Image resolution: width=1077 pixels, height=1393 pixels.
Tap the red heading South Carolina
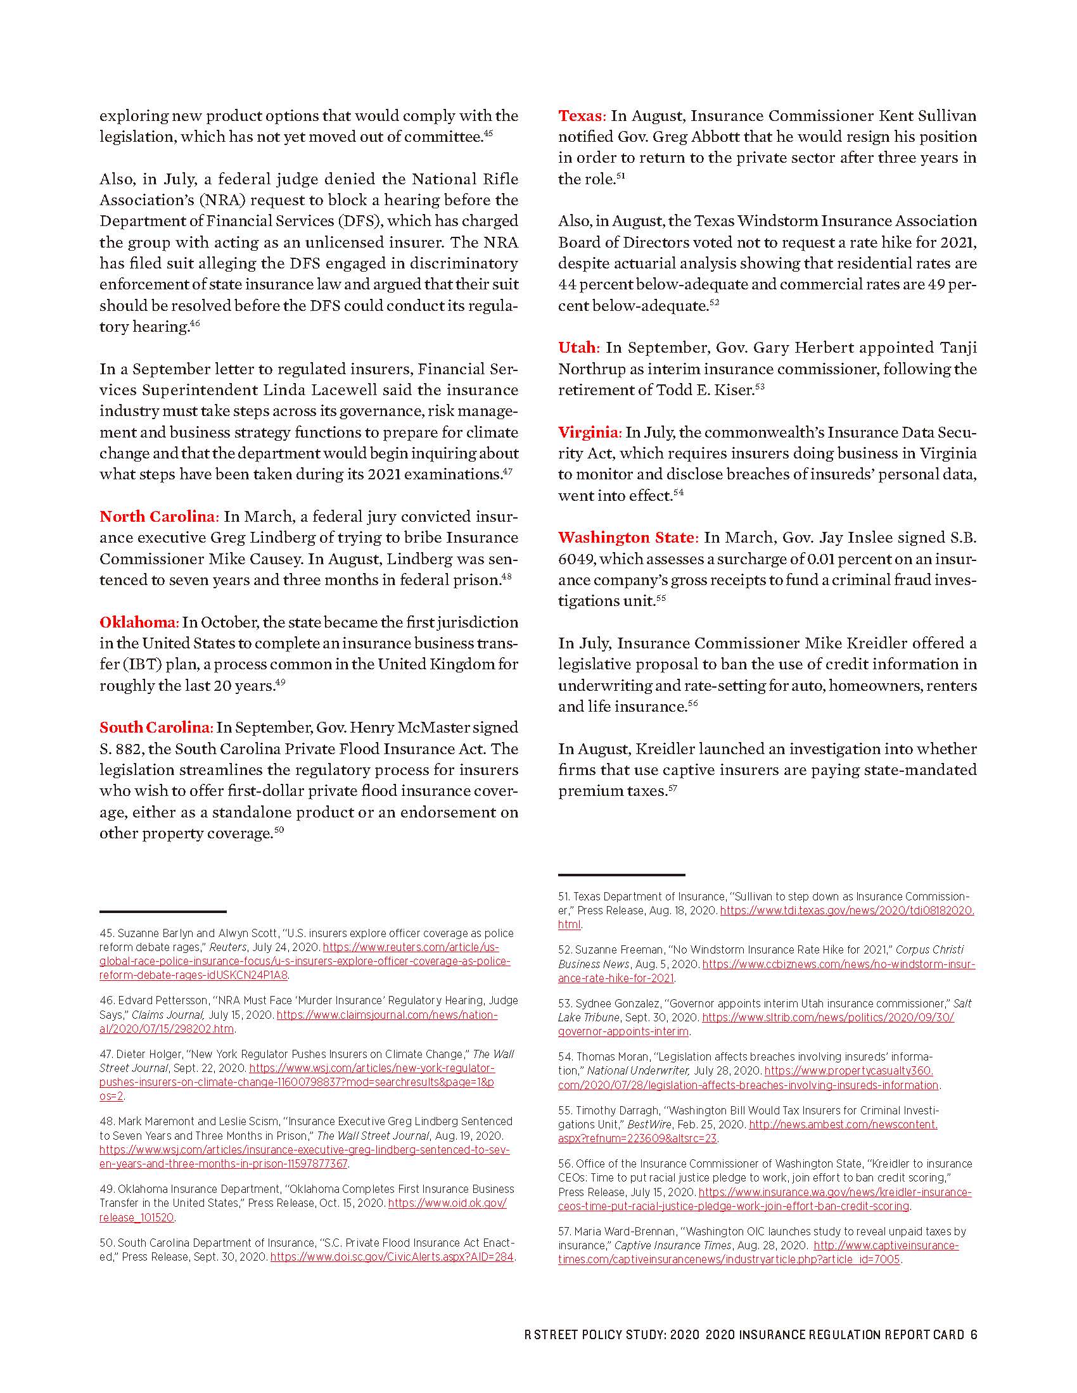[x=155, y=727]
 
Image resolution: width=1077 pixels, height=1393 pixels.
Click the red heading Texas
[x=581, y=115]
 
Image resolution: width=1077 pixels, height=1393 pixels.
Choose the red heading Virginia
[x=589, y=432]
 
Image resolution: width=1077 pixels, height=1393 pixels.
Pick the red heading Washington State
[x=628, y=537]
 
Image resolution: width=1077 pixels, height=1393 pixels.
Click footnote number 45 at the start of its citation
[x=106, y=933]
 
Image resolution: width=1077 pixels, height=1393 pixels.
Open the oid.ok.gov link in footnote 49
[x=447, y=1203]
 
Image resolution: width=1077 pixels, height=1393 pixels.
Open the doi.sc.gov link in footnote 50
[x=392, y=1256]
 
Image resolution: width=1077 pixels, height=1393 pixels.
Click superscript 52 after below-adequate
[x=714, y=303]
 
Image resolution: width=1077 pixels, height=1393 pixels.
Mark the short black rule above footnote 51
[x=621, y=874]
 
